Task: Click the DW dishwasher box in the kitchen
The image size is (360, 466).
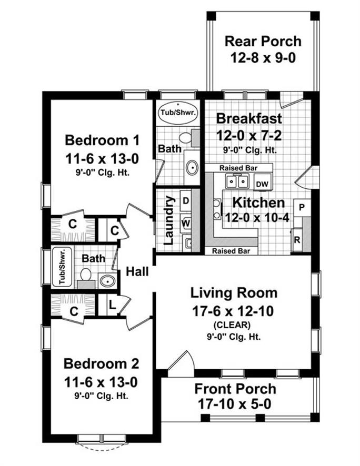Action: coord(262,183)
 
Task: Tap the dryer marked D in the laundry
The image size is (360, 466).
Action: coord(186,200)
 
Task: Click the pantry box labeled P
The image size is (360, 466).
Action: coord(302,207)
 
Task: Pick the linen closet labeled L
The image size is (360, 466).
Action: coord(112,305)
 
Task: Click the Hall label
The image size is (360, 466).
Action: coord(137,271)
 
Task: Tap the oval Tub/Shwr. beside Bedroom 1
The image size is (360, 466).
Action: coord(178,113)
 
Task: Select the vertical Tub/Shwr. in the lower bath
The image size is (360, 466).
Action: coord(62,266)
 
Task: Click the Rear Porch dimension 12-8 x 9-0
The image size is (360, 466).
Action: coord(263,58)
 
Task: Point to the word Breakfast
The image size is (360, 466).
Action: coord(249,118)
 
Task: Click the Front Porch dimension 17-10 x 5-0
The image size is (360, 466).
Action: coord(235,404)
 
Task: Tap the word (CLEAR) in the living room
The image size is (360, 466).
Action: coord(232,325)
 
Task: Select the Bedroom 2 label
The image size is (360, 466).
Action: coord(102,364)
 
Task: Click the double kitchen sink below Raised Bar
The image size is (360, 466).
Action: coord(237,181)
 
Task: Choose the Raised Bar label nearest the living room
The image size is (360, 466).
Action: coord(231,251)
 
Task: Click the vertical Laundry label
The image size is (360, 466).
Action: coord(168,220)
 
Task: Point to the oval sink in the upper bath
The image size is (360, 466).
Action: coord(192,168)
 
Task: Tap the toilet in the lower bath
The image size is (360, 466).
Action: coord(86,275)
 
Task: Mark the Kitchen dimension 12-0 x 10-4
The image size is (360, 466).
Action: coord(257,218)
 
